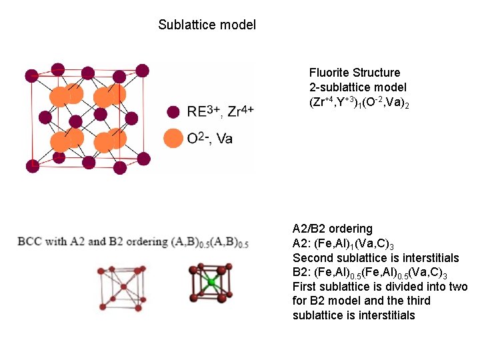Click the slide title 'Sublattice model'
(207, 25)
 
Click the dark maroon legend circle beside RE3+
(173, 111)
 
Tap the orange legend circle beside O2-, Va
(173, 139)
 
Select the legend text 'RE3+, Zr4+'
(220, 111)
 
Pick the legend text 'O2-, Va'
(210, 139)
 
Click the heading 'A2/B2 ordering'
(332, 229)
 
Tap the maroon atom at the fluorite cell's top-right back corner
(142, 69)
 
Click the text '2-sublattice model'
(357, 87)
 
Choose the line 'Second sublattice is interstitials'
(375, 258)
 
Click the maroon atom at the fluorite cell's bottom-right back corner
(142, 155)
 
